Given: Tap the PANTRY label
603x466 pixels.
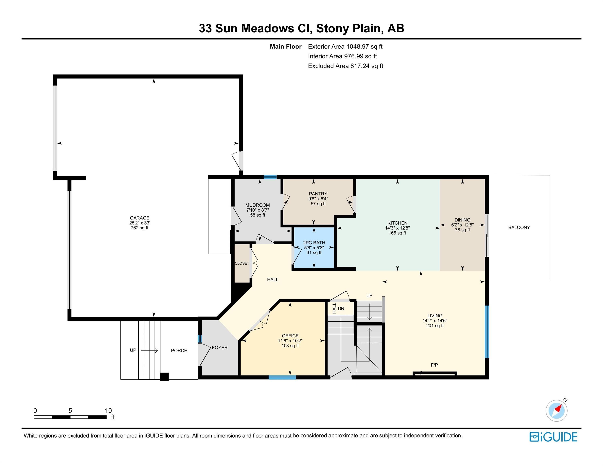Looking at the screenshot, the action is click(318, 194).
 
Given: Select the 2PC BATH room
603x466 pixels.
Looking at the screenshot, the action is click(314, 248).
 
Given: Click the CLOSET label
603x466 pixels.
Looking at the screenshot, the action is click(242, 263).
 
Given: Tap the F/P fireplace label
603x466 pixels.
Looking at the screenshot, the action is click(434, 365).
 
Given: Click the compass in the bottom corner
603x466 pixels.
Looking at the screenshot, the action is click(557, 411).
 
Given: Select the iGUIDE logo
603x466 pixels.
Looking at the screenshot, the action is click(553, 437).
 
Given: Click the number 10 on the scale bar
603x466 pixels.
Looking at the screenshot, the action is click(108, 411).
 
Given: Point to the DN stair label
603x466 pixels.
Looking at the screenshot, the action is click(341, 309).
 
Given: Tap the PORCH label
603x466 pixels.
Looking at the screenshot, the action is click(179, 351).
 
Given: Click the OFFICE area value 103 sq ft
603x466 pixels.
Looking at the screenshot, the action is click(290, 346).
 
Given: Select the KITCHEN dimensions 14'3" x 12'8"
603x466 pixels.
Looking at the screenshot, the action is click(397, 228).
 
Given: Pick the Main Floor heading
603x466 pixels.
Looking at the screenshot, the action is click(285, 47).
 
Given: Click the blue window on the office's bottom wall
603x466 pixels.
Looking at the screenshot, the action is click(282, 377).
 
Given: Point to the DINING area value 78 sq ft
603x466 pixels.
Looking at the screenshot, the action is click(462, 230).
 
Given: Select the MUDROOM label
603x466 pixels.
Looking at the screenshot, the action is click(258, 205).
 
